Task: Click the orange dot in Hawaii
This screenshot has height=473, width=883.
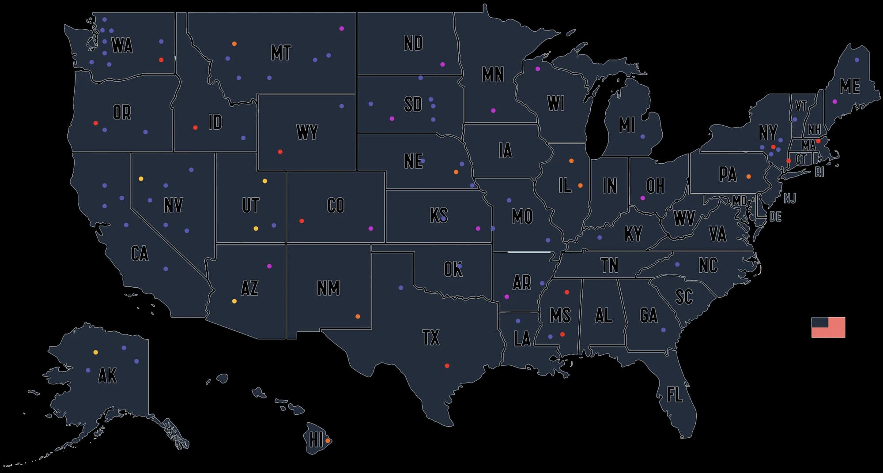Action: [x=328, y=441]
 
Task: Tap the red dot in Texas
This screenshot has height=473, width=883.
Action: [x=447, y=366]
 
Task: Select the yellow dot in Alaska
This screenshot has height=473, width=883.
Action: [x=96, y=352]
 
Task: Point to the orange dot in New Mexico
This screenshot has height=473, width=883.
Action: [x=358, y=316]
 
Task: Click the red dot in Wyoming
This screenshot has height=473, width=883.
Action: [x=280, y=152]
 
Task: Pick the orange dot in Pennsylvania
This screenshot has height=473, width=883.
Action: [x=748, y=176]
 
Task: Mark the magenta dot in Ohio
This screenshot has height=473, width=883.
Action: [x=642, y=198]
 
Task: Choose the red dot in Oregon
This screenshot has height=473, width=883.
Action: [x=96, y=123]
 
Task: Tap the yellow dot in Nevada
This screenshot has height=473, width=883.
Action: [x=141, y=179]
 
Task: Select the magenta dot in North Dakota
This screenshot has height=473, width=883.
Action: [x=442, y=64]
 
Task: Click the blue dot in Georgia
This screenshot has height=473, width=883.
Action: [x=663, y=330]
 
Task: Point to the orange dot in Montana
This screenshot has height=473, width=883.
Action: [x=234, y=44]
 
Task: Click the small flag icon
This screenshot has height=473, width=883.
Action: [x=828, y=327]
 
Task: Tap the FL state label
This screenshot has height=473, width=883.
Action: [x=674, y=394]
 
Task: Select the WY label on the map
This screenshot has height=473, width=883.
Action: [x=307, y=132]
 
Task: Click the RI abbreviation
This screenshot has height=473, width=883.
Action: [x=819, y=173]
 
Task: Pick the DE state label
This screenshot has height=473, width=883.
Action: [x=775, y=217]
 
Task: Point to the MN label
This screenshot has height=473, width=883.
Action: [x=493, y=75]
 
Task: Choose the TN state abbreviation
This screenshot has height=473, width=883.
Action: [x=609, y=266]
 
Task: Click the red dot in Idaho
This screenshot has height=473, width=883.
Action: [x=195, y=128]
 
